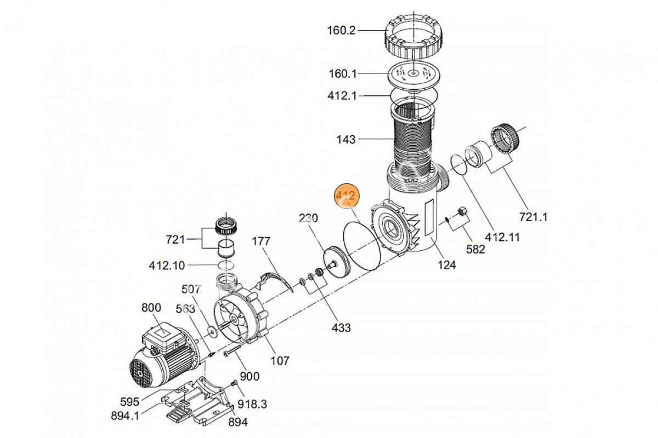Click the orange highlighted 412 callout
click(x=347, y=195)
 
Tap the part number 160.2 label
click(x=341, y=31)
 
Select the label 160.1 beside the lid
click(x=343, y=73)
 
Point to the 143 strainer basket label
click(x=346, y=140)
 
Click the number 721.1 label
click(x=534, y=217)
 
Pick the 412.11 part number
click(x=502, y=237)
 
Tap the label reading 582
click(x=475, y=249)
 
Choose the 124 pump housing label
click(x=447, y=265)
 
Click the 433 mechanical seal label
click(x=341, y=328)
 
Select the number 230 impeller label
click(x=308, y=218)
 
